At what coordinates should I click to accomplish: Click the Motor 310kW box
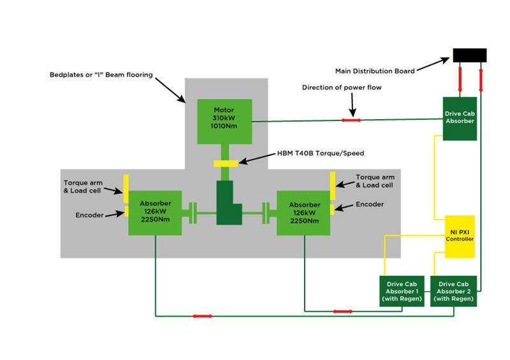click(x=224, y=120)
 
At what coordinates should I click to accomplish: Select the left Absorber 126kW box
click(x=155, y=213)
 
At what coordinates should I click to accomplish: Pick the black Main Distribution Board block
click(x=469, y=55)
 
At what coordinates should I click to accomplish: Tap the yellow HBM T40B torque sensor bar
click(x=226, y=164)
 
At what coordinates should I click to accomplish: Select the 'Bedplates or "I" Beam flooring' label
click(x=101, y=75)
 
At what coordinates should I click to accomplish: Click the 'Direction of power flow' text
click(x=341, y=87)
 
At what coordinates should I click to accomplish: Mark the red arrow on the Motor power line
click(x=351, y=120)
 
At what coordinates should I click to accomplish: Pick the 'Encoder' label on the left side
click(x=89, y=215)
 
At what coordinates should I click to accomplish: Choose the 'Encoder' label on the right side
click(x=370, y=205)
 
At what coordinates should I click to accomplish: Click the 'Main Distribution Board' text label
click(x=375, y=71)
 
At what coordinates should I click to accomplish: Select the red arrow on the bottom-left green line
click(x=201, y=315)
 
